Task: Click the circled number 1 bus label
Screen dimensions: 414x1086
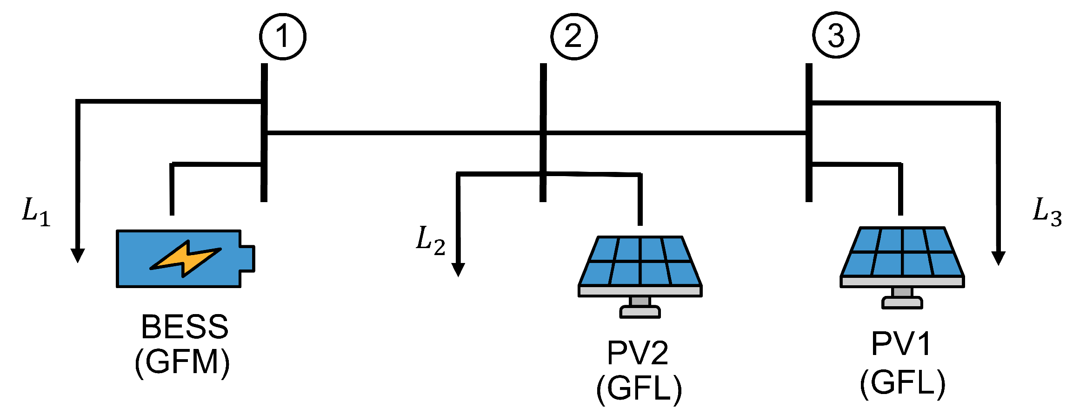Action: pos(283,37)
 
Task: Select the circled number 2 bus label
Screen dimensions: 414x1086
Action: pos(574,37)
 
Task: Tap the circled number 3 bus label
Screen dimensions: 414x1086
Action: pos(836,35)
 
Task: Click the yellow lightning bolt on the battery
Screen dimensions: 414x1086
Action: pos(185,259)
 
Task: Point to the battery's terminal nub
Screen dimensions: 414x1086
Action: pos(247,258)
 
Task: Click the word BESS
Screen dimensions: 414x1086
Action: pos(185,327)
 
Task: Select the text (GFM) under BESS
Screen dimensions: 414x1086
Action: pos(182,362)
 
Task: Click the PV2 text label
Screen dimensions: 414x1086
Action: pos(638,353)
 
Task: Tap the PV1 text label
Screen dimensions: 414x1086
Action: pos(901,344)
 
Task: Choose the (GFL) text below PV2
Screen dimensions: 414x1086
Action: pos(639,388)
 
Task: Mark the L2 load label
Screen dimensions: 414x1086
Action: pos(430,241)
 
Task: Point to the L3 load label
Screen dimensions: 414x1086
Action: pos(1047,212)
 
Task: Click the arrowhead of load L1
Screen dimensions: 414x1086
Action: pos(78,256)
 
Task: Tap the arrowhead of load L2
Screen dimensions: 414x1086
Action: pos(458,269)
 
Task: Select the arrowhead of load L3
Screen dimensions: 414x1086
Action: pos(998,258)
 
